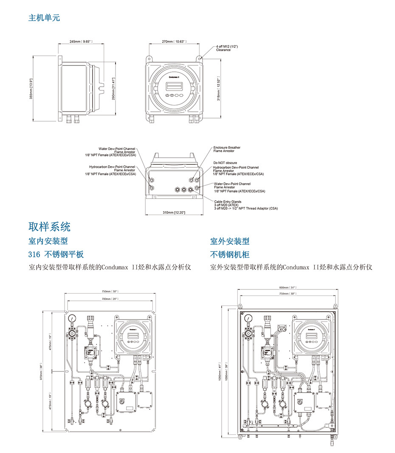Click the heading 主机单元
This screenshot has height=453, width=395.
click(x=44, y=18)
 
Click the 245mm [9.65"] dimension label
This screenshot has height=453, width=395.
click(x=81, y=42)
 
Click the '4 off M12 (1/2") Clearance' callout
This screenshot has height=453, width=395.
click(x=223, y=48)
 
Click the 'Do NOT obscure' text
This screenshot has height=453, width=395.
click(x=225, y=163)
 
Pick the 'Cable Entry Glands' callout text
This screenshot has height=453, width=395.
click(x=228, y=202)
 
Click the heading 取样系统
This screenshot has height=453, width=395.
click(x=49, y=226)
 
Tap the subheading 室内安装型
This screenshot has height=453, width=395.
click(x=48, y=241)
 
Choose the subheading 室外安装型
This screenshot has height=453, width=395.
click(x=230, y=241)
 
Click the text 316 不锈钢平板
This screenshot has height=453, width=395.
click(x=56, y=254)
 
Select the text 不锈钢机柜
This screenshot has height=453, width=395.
click(x=230, y=254)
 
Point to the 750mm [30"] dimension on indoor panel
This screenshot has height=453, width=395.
click(x=110, y=292)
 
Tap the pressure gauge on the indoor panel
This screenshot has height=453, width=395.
click(x=72, y=318)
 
